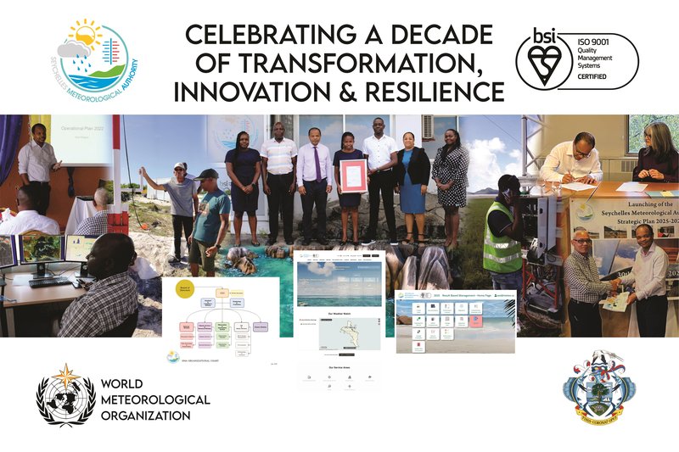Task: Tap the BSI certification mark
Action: (x=541, y=60)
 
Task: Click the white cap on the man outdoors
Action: (x=180, y=166)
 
